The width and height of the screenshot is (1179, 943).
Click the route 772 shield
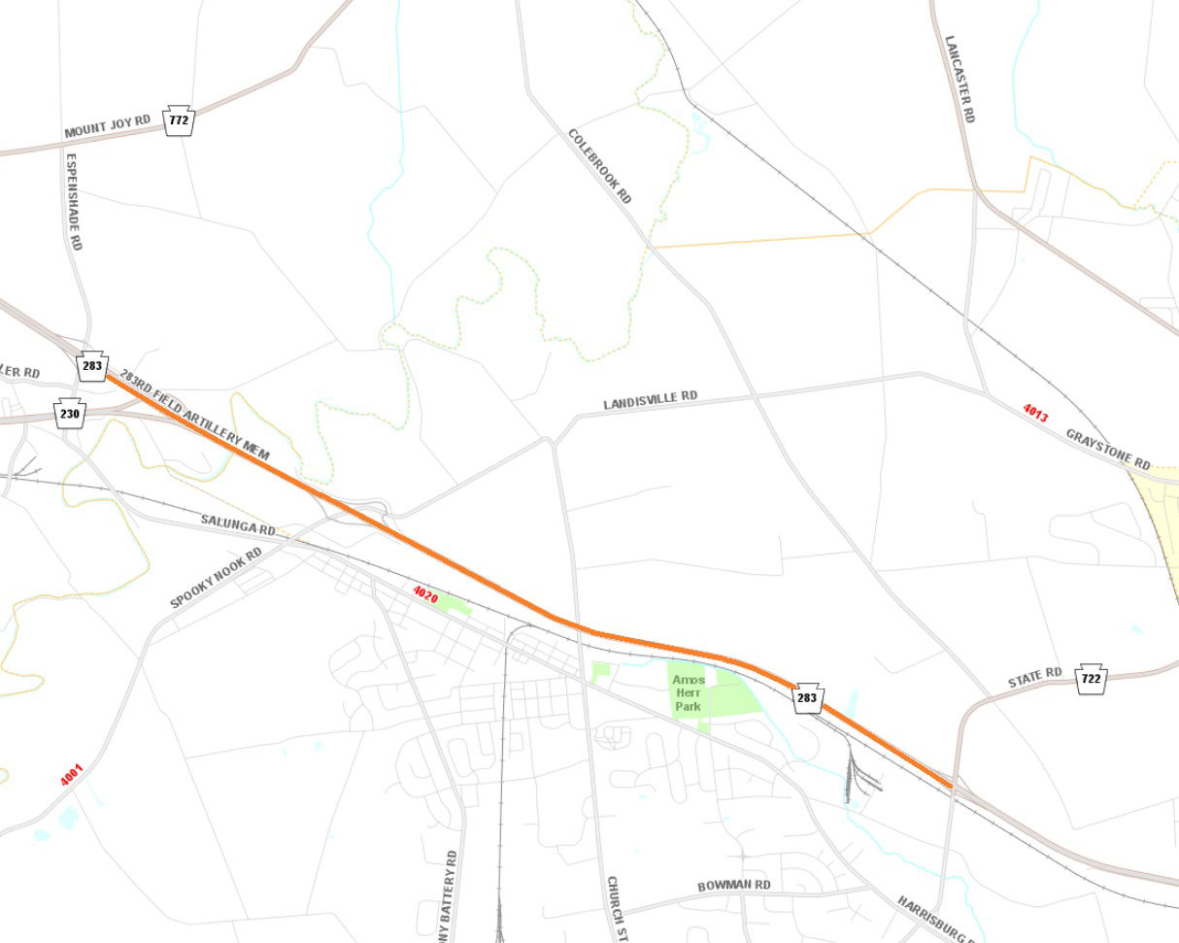(179, 119)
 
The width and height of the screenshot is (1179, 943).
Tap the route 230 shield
(70, 413)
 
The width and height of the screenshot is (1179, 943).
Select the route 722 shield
(1091, 678)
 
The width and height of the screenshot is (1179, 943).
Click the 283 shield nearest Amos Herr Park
(807, 697)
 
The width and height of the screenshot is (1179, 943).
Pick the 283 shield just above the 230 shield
(92, 366)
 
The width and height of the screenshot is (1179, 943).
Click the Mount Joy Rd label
(107, 126)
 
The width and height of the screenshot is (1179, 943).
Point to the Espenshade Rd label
(74, 200)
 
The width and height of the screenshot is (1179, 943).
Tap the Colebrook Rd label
(600, 166)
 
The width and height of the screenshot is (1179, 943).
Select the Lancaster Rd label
(960, 79)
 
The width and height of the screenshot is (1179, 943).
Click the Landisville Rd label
(650, 399)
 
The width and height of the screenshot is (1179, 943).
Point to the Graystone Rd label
(1108, 449)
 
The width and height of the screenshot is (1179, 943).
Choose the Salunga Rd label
(238, 525)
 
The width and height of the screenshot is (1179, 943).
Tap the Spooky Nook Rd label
(216, 579)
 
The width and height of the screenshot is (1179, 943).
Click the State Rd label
(1034, 677)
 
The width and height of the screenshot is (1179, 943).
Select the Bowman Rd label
(733, 886)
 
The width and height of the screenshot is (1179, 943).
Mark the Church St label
(615, 908)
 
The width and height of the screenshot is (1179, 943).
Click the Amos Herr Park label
(689, 692)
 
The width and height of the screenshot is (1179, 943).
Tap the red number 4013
(1035, 413)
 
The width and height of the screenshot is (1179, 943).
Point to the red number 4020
(425, 594)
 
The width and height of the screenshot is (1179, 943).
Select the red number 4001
(72, 775)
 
